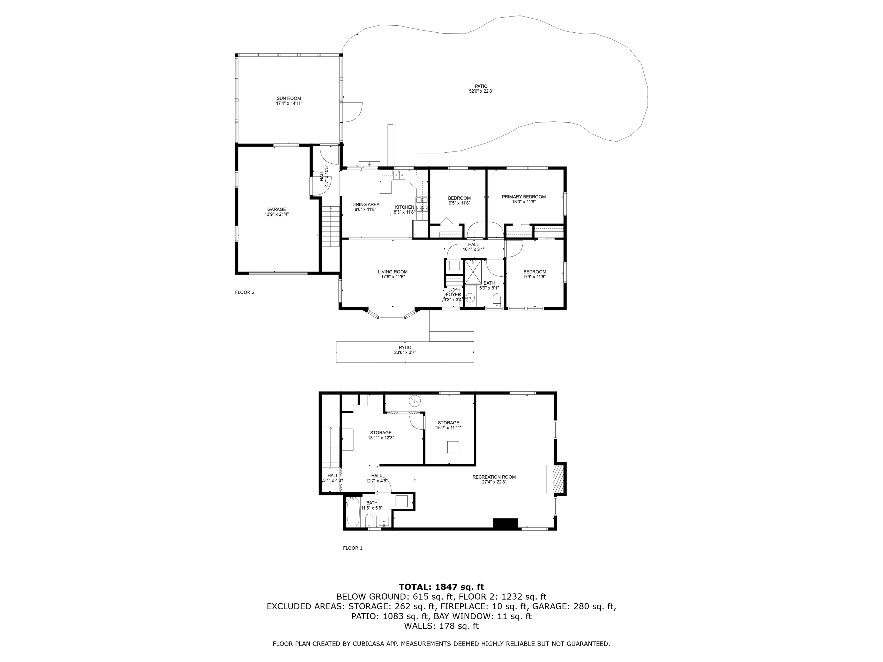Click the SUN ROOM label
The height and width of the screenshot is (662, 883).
(x=289, y=98)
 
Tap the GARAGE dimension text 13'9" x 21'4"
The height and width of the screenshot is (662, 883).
(x=276, y=214)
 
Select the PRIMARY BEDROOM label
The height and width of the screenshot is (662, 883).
(x=523, y=197)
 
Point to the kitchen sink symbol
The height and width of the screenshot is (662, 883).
(x=399, y=175)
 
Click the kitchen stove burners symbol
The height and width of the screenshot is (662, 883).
(x=422, y=204)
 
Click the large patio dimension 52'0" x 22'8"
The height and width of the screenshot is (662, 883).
(x=481, y=91)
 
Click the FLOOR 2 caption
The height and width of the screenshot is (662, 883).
(x=245, y=292)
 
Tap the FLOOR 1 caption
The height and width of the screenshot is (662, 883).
(x=353, y=548)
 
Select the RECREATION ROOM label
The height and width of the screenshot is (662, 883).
(x=494, y=477)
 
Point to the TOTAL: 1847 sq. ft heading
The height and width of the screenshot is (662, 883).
(x=441, y=587)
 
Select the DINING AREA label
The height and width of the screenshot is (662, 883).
(x=365, y=204)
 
